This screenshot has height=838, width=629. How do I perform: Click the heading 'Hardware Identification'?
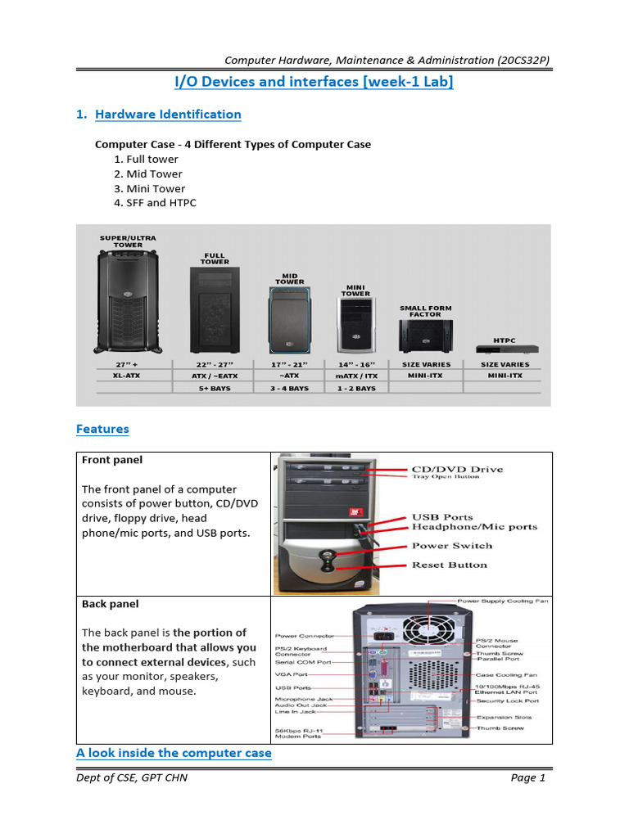(168, 115)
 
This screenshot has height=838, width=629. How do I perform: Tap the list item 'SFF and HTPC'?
(161, 203)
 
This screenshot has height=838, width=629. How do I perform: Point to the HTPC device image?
(503, 349)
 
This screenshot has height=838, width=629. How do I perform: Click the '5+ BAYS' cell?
(215, 388)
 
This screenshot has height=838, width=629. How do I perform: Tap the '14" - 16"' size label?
(355, 364)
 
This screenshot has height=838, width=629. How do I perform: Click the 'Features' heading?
(102, 429)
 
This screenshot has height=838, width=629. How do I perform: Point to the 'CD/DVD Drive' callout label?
(457, 470)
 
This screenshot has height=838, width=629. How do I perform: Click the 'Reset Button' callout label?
(449, 565)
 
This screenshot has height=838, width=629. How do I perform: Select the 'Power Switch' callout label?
(451, 546)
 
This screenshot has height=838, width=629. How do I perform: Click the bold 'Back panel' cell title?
(111, 604)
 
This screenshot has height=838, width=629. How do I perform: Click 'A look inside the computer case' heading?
(174, 753)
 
